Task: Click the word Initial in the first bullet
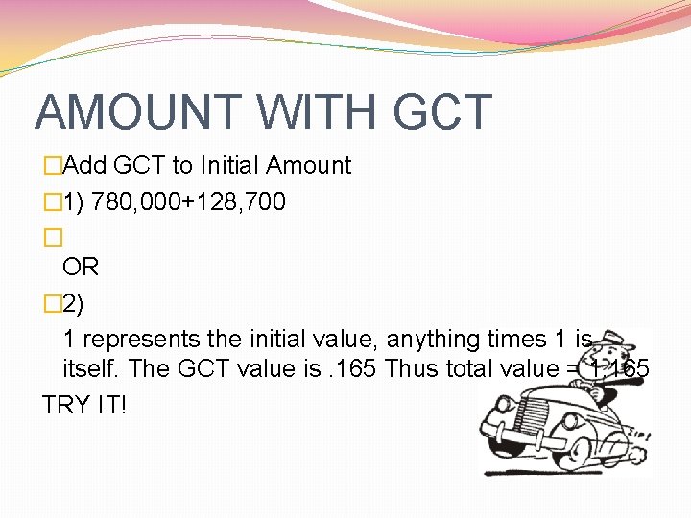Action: coord(228,165)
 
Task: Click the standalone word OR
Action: coord(81,266)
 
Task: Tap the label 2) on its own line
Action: coord(72,304)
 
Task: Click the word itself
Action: coord(91,368)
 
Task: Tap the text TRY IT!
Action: coord(84,404)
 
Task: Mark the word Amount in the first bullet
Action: coord(308,165)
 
